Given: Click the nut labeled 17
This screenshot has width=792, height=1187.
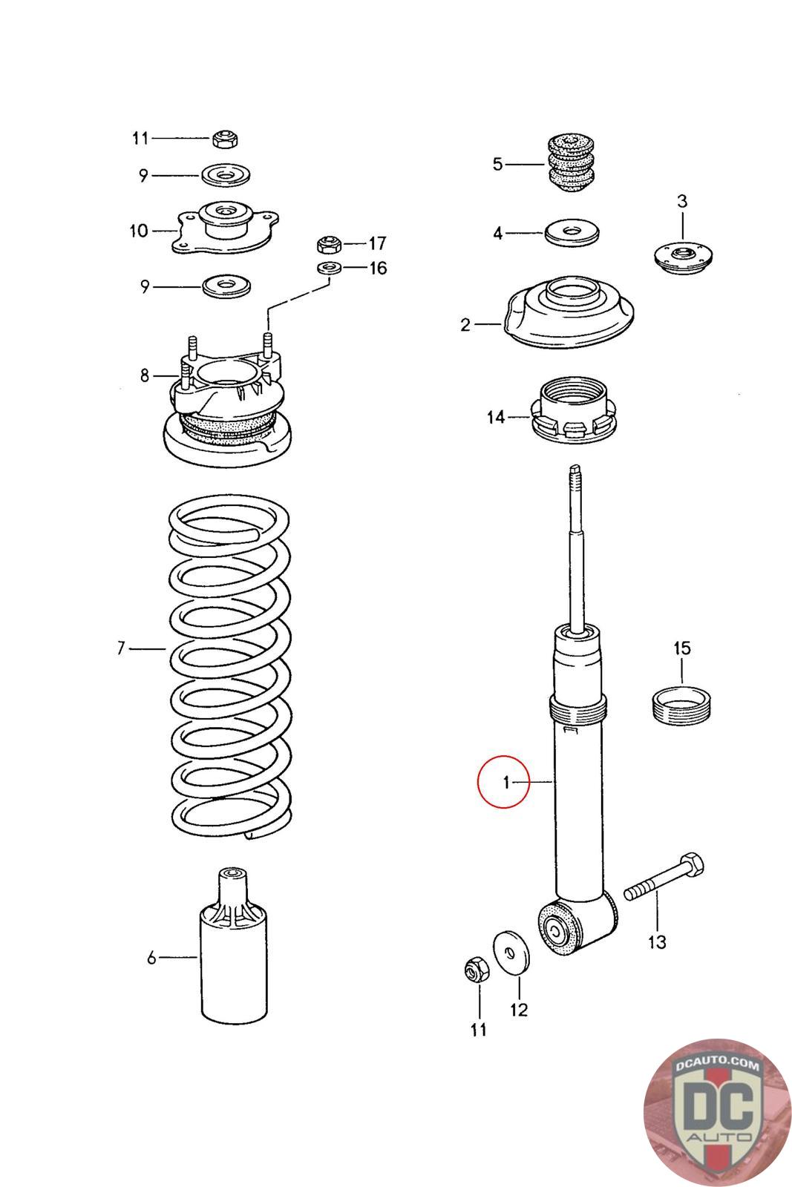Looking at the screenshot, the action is (329, 245).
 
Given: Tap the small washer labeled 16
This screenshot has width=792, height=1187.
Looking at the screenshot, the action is (330, 268).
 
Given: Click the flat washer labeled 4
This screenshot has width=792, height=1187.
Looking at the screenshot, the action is (572, 232).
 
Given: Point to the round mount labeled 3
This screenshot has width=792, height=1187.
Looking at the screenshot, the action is (682, 258).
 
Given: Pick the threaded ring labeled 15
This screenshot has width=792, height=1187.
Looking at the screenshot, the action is (681, 706).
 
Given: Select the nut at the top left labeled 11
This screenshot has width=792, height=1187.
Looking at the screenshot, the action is (226, 138).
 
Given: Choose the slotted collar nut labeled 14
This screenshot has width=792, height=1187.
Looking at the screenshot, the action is (575, 410).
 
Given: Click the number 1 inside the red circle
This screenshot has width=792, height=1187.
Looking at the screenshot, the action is (505, 782).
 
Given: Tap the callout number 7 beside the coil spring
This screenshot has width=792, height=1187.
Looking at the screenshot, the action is (122, 648).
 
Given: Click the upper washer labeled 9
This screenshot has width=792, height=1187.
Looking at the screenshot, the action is (226, 175).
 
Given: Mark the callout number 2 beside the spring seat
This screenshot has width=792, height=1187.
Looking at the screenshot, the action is (465, 324).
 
